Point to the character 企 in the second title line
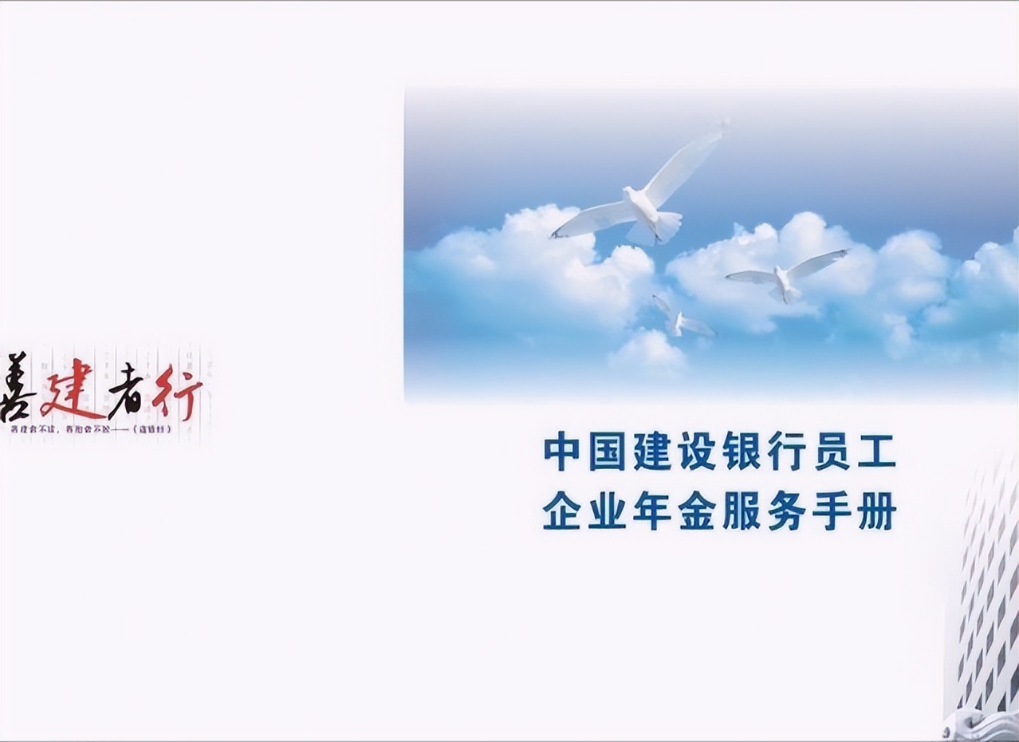coord(561,512)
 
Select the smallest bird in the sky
coord(680,318)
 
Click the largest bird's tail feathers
coord(666,225)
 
